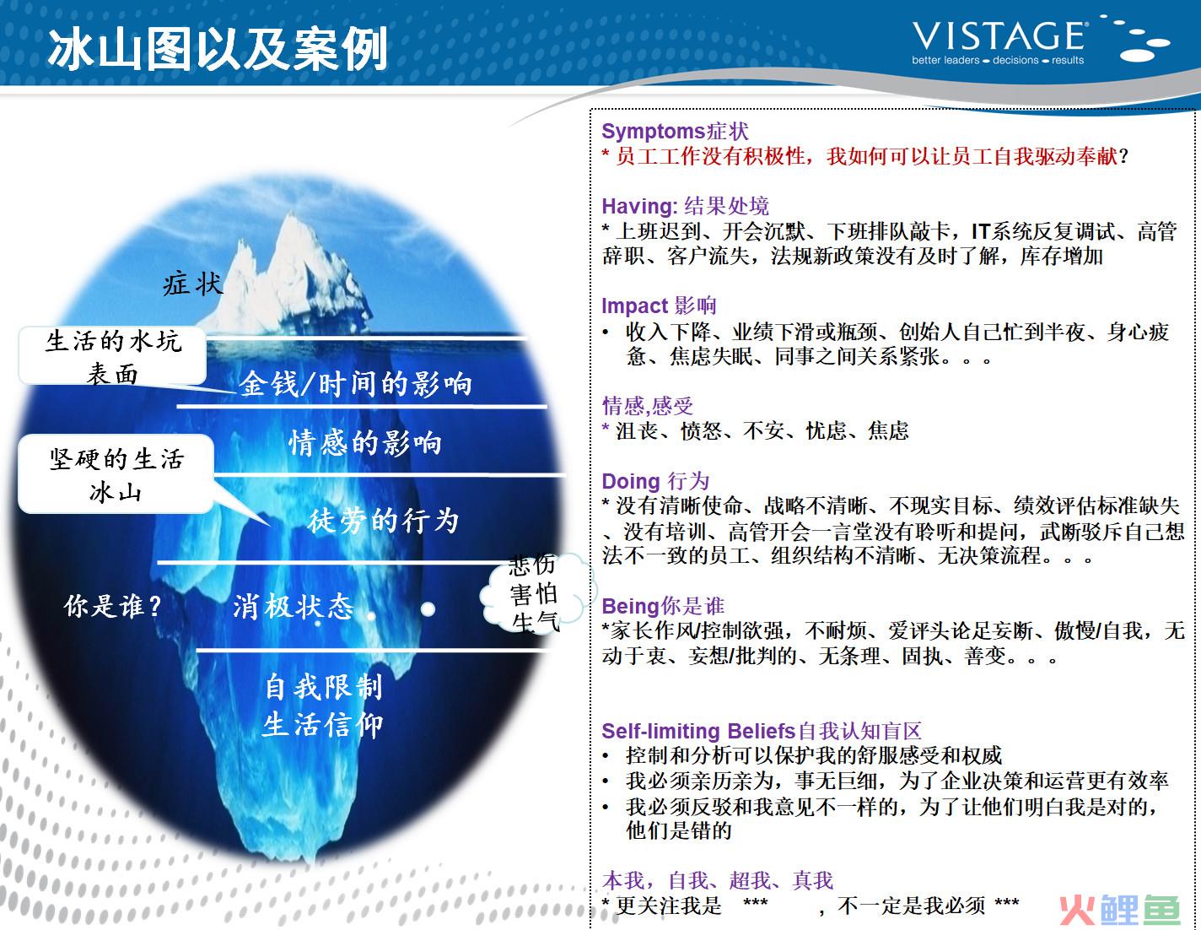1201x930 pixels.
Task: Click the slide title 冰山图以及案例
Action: click(218, 49)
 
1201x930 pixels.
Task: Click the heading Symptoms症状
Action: click(675, 132)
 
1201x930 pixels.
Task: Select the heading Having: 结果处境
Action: click(685, 206)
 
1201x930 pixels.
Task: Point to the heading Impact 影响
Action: click(659, 305)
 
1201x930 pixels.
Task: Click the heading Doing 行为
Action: click(655, 481)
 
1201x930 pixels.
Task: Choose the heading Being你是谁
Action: click(663, 606)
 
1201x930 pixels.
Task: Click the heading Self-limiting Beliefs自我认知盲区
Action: click(761, 731)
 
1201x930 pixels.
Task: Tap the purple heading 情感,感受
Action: click(647, 406)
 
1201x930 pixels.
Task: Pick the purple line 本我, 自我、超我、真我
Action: click(718, 880)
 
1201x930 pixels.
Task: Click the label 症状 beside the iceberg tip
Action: click(193, 284)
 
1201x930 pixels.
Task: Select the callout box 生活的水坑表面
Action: click(113, 355)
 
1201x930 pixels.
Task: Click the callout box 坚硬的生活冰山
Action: click(116, 474)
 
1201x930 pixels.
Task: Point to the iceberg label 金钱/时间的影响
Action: click(355, 384)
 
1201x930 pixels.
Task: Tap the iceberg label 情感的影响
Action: click(365, 443)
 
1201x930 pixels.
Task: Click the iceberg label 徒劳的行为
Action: click(384, 521)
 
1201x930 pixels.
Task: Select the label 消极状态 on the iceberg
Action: click(294, 607)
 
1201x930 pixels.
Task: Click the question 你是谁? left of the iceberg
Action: click(113, 606)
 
